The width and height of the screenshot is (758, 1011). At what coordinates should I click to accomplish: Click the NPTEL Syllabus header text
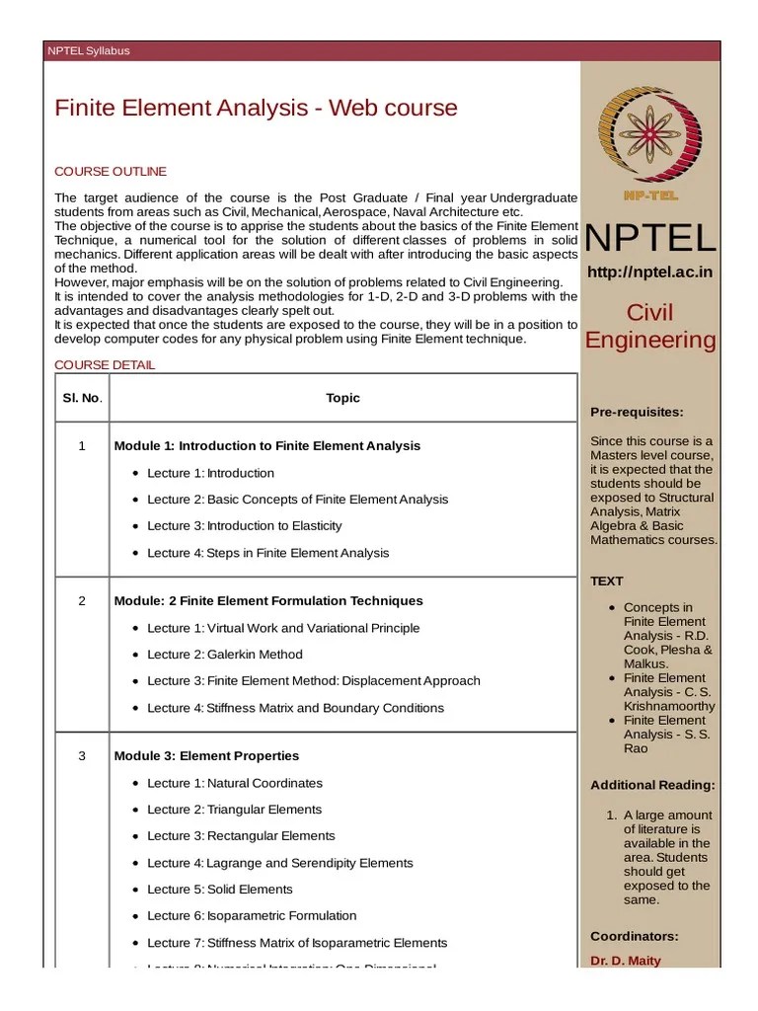(x=89, y=50)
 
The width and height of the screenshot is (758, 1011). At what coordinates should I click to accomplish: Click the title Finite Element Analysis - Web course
(x=256, y=108)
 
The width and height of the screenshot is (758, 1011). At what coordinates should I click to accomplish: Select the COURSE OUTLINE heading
(x=110, y=172)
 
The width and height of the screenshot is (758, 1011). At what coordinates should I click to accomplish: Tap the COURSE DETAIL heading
(x=104, y=365)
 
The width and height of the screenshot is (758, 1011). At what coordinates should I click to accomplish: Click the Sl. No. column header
(x=83, y=398)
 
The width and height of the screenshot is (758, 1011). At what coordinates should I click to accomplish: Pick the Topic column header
(x=343, y=398)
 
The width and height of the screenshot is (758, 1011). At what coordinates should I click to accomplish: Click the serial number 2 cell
(x=83, y=600)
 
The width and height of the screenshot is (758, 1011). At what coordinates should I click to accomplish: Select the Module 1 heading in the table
(x=266, y=446)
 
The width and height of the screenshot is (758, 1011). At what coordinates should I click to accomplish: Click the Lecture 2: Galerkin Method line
(x=225, y=655)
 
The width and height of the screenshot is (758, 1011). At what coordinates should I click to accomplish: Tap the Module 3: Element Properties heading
(x=206, y=756)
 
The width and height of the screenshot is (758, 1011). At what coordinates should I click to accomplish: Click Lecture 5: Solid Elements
(x=220, y=890)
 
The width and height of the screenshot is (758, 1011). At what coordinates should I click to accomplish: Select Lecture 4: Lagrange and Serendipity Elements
(x=280, y=863)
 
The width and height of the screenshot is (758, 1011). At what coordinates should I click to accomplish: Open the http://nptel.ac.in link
(x=649, y=272)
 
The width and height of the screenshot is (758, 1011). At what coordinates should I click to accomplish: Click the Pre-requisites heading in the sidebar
(x=637, y=412)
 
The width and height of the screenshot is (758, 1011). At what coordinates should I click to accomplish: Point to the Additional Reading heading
(x=652, y=786)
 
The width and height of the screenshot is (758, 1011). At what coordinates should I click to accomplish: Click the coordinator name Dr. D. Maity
(x=626, y=961)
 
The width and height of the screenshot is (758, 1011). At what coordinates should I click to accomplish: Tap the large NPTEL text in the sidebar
(x=650, y=238)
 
